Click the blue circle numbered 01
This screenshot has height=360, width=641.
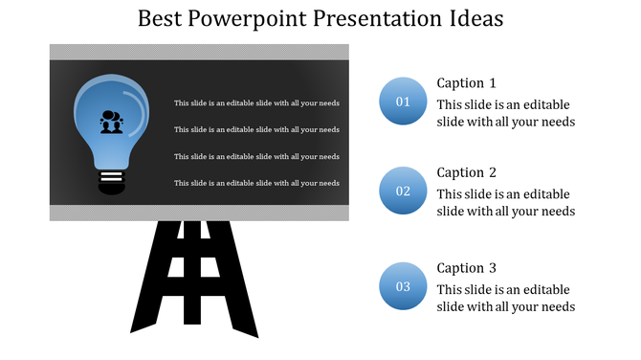(403, 101)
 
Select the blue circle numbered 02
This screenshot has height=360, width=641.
(403, 191)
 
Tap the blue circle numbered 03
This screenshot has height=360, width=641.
(403, 286)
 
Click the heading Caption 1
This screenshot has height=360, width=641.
(466, 82)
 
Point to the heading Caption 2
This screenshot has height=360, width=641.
(466, 172)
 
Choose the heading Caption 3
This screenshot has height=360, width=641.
(466, 268)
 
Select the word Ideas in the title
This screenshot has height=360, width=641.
(471, 19)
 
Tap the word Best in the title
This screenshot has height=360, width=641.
(158, 19)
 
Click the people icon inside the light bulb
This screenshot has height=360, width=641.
(112, 123)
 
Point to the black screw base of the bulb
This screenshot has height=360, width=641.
(112, 180)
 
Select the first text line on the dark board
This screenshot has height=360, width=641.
(256, 102)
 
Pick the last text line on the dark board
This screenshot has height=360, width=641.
(256, 183)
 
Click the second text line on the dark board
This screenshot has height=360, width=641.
(256, 129)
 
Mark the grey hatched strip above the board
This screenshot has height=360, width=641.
(199, 51)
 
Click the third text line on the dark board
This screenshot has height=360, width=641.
(256, 156)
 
